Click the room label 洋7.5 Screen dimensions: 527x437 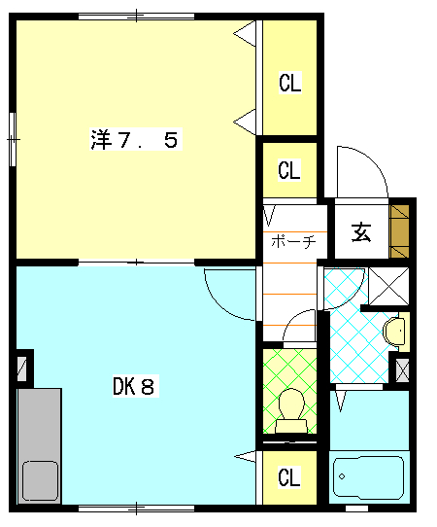pos(133,140)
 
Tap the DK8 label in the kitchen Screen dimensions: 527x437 pos(133,386)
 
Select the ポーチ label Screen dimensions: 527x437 pos(291,241)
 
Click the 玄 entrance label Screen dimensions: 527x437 pos(360,232)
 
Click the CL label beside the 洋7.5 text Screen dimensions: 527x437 pos(289,84)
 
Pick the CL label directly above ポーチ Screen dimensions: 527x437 pos(289,171)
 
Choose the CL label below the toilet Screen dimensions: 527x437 pos(289,477)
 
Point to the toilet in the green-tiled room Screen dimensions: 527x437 pos(290,408)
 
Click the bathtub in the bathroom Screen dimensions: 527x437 pos(368,477)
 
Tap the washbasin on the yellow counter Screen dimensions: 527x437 pos(394,331)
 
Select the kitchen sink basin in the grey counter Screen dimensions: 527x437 pos(40,479)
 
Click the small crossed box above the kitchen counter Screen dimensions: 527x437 pos(22,369)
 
